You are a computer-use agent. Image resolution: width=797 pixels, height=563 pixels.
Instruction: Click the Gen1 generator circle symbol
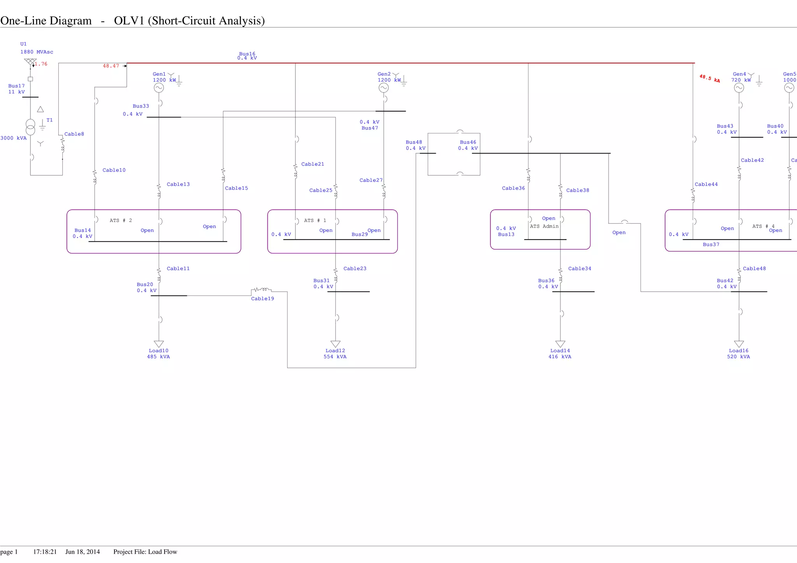point(159,88)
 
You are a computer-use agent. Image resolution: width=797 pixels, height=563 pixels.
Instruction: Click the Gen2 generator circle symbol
point(384,88)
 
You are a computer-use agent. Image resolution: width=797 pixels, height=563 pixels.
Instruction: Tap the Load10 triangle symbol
point(159,344)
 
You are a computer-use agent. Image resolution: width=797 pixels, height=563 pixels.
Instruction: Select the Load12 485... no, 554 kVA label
point(335,357)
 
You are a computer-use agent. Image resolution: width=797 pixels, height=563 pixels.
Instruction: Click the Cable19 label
point(262,299)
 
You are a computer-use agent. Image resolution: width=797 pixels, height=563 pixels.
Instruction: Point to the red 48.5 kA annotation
point(709,79)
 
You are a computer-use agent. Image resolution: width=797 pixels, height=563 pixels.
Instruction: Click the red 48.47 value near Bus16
point(111,66)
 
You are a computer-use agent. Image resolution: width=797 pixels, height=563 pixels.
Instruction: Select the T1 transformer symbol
point(30,127)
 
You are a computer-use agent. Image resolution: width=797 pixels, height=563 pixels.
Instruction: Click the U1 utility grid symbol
point(30,61)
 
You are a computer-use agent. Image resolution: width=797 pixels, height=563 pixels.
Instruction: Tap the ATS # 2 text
point(121,220)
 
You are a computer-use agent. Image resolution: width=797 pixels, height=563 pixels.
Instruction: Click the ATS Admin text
point(544,226)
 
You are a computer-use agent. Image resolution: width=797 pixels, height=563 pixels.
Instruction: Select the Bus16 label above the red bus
point(247,54)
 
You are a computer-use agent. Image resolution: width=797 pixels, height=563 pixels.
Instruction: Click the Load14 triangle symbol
point(560,344)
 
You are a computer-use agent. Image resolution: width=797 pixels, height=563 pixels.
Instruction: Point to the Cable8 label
point(74,134)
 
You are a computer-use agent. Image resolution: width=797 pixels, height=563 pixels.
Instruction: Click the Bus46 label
point(468,142)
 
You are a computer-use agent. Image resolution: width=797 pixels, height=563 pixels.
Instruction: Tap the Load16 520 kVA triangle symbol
point(739,344)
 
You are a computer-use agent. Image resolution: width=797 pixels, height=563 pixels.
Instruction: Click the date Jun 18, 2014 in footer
point(83,552)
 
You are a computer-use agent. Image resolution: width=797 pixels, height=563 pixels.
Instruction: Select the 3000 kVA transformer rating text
point(13,138)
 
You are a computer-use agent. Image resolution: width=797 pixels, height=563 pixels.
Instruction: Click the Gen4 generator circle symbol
point(739,88)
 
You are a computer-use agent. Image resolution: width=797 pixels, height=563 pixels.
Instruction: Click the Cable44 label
point(706,184)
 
